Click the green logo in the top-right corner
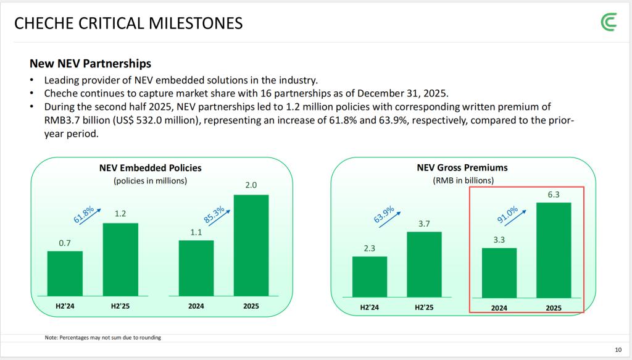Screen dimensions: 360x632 click(608, 23)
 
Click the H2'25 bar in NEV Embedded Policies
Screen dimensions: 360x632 click(120, 259)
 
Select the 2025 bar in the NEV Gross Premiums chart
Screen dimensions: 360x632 click(554, 250)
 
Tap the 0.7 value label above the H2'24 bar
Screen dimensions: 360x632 click(65, 243)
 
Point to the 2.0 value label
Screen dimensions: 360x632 click(251, 185)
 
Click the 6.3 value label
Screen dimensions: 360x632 click(554, 194)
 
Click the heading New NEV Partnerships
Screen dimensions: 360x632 click(90, 64)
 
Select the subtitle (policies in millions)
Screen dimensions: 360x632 click(150, 181)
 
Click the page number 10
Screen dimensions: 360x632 click(618, 349)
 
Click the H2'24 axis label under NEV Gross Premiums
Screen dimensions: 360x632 click(370, 307)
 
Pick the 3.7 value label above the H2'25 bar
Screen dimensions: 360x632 click(424, 224)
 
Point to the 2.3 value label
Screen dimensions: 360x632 click(370, 248)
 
